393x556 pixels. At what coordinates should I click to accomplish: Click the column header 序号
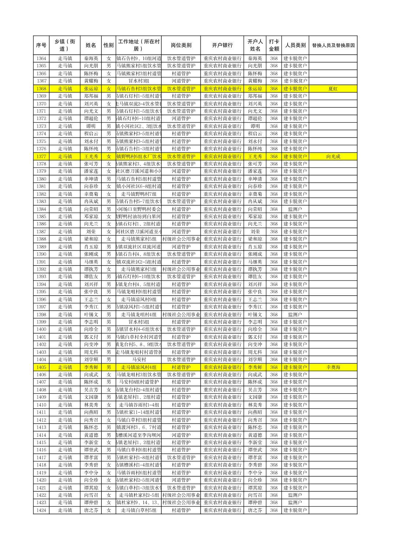[41, 45]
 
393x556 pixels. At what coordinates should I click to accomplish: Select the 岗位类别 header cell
[181, 45]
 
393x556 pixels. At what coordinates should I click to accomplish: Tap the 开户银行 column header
[222, 45]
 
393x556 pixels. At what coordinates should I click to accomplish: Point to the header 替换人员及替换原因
[333, 45]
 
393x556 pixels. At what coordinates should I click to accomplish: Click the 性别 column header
[108, 45]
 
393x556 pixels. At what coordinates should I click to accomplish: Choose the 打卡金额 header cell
[274, 45]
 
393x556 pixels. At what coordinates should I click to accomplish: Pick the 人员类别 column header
[295, 45]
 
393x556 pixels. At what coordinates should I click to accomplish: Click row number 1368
[41, 89]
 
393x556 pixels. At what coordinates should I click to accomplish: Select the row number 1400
[41, 330]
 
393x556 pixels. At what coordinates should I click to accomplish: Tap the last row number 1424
[41, 510]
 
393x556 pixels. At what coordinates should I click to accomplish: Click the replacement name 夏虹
[333, 89]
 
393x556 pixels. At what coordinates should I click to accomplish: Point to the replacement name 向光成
[333, 156]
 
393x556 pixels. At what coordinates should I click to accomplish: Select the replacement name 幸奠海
[333, 367]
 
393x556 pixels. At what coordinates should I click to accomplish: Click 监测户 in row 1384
[295, 209]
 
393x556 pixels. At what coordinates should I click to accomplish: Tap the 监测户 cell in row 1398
[295, 315]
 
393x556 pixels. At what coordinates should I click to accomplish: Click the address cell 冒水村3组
[138, 81]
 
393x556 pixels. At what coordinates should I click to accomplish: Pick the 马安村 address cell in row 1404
[138, 360]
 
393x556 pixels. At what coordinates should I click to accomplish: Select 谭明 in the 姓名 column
[91, 126]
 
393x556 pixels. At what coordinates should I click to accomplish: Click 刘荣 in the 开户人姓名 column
[255, 232]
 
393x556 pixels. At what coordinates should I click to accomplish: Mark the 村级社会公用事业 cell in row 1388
[181, 239]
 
